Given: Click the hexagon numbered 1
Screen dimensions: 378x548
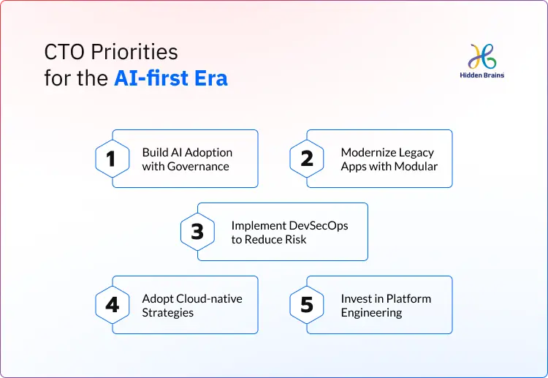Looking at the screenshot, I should (112, 159).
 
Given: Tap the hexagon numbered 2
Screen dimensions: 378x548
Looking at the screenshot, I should (307, 159).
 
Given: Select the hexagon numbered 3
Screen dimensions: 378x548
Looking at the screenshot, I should (197, 232).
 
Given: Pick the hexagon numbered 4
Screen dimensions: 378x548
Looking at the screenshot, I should (112, 304).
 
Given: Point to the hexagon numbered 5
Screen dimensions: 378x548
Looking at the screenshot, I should (307, 304).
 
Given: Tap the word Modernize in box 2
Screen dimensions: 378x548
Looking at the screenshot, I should (367, 152).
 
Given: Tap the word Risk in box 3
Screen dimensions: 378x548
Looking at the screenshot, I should (295, 239).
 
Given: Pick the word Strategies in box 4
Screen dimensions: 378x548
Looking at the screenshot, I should (168, 312).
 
